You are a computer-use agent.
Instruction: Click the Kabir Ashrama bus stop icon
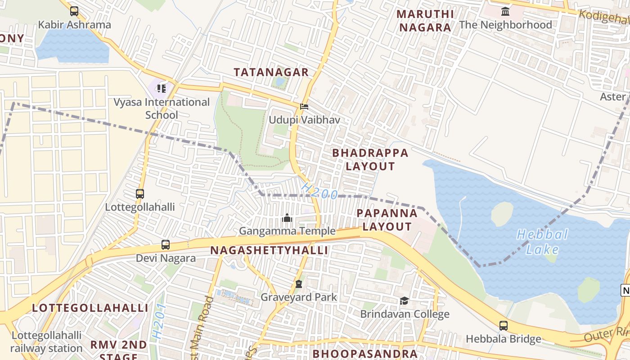coord(74,11)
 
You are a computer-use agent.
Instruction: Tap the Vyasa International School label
coord(162,108)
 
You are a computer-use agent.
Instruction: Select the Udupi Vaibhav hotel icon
coord(304,107)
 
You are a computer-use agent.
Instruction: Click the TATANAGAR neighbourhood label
coord(271,72)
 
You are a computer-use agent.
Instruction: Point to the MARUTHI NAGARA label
coord(425,21)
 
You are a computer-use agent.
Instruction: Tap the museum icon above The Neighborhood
coord(505,11)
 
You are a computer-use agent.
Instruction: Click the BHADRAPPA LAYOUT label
coord(370,159)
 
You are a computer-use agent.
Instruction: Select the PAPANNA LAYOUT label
coord(387,220)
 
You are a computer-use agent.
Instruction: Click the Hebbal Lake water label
coord(542,242)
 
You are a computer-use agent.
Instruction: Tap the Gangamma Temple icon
coord(287,218)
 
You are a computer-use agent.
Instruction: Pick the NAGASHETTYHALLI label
coord(269,250)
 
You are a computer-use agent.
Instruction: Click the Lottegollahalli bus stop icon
coord(140,194)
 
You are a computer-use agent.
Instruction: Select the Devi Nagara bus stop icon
coord(166,245)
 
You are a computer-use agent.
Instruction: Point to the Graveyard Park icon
coord(298,284)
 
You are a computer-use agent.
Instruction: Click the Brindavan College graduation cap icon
coord(404,301)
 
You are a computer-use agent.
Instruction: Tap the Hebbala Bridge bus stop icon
coord(504,325)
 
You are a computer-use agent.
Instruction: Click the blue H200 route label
coord(319,191)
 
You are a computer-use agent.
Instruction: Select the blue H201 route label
coord(159,321)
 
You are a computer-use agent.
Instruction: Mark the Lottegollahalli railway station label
coord(46,342)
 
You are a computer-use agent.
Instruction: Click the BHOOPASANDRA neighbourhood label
coord(365,354)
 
